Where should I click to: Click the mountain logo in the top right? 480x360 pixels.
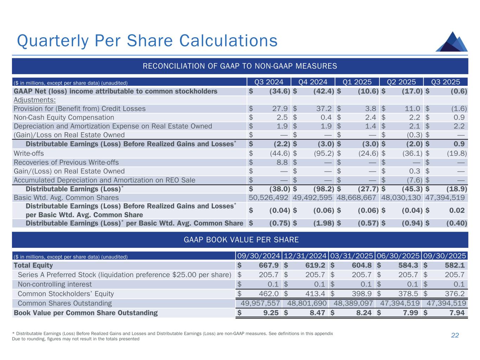coord(452,42)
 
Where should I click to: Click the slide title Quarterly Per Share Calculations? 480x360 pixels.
coord(147,40)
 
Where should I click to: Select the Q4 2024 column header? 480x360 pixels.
coord(313,82)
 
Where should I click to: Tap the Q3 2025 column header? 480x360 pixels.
coord(446,82)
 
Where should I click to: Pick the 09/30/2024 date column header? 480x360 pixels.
coord(258,256)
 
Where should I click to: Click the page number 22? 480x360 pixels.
coord(455,335)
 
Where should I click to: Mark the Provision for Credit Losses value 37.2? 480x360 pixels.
coord(324,109)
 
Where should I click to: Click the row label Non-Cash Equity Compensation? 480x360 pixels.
coord(64,117)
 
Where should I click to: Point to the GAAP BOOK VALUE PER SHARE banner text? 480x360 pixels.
coord(241,240)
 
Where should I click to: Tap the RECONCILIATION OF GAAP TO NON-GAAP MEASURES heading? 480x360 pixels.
coord(239,66)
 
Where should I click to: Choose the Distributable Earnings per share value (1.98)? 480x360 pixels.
coord(324,223)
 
